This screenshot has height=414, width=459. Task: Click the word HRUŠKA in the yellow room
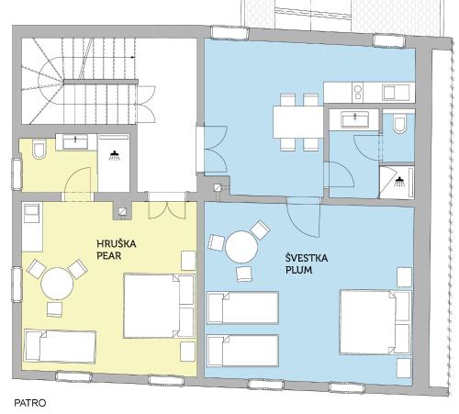tap(117, 244)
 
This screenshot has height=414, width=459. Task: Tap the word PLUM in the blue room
tap(298, 270)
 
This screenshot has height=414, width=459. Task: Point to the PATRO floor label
tap(30, 403)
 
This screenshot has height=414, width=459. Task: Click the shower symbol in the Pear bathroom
tap(115, 155)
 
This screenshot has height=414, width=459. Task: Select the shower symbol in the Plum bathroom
tap(398, 182)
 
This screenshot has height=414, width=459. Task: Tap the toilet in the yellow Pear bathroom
tap(39, 149)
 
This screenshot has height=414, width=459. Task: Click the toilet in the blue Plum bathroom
tap(399, 123)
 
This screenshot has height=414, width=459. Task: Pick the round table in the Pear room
tap(57, 284)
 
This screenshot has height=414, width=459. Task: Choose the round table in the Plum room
tap(241, 247)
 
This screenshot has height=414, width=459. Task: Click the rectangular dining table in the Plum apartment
tap(298, 122)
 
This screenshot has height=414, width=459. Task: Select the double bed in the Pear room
tap(159, 306)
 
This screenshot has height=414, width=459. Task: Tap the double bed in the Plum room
tap(375, 322)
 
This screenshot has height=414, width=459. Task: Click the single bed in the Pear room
tap(61, 346)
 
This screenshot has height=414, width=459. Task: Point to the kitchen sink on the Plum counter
tap(396, 93)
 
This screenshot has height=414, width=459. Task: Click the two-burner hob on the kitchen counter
tap(357, 93)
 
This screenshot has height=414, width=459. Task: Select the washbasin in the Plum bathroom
tap(355, 119)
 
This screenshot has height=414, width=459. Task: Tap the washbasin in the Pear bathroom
tap(75, 142)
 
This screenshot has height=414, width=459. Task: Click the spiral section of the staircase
tap(50, 81)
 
